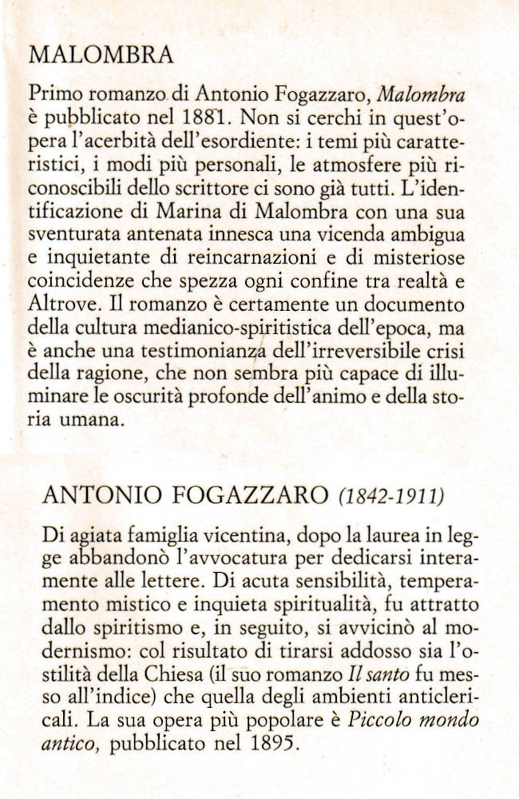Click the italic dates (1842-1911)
[391, 497]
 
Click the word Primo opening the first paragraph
[53, 95]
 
